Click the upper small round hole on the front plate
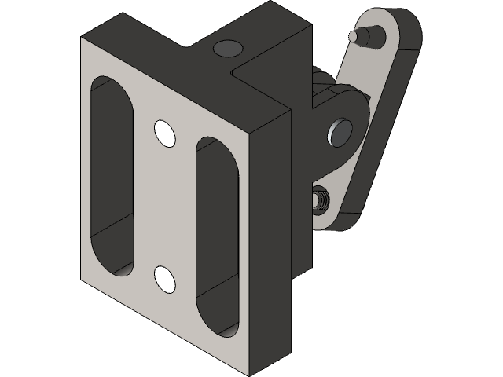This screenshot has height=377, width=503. pos(165,133)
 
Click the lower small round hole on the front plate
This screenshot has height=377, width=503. pos(165,279)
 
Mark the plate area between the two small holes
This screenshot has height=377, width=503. pos(165,206)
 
